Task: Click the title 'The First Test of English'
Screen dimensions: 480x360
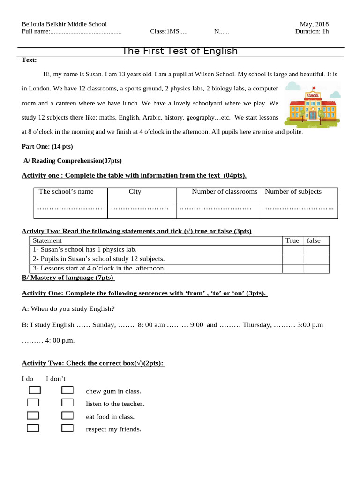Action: (180, 51)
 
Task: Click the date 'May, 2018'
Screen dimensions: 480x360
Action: (314, 24)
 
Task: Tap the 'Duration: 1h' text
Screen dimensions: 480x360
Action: (312, 31)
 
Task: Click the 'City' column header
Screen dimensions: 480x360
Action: (135, 191)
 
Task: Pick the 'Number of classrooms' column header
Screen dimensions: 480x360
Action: (225, 191)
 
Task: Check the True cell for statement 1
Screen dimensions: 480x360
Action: (292, 250)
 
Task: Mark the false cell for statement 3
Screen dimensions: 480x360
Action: (316, 269)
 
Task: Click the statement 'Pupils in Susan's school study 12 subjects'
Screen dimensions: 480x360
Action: (98, 259)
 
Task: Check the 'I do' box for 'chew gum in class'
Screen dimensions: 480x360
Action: (35, 390)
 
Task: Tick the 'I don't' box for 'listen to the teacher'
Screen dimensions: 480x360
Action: (67, 403)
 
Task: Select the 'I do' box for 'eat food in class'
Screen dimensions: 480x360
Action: (33, 415)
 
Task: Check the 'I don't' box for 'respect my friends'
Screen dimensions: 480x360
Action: (67, 427)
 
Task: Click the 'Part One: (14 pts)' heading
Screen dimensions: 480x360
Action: (47, 146)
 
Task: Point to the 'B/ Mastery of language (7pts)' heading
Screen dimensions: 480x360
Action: (68, 277)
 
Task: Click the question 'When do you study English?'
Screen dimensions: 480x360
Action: (68, 308)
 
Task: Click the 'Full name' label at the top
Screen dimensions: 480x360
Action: (36, 31)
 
